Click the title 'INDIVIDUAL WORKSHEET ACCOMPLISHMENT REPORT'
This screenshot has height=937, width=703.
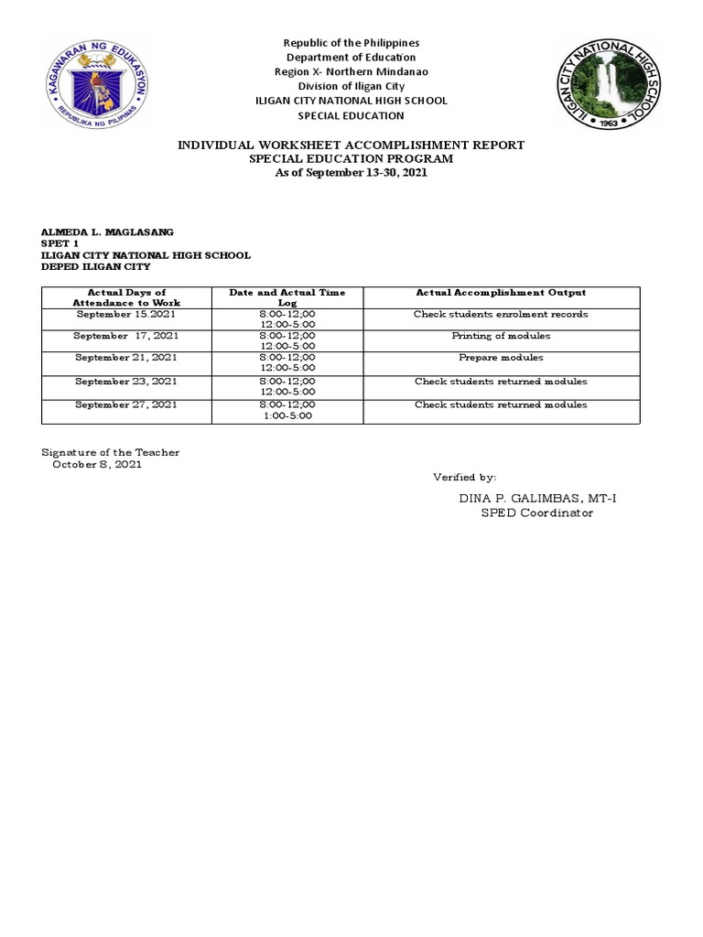[x=351, y=145]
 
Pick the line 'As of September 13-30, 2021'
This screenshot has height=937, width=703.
[x=351, y=172]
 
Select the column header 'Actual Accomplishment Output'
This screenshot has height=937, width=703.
[x=501, y=293]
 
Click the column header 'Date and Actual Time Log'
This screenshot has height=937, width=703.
[x=287, y=297]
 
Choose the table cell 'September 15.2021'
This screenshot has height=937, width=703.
[x=126, y=314]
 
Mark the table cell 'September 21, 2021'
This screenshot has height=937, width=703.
[x=126, y=358]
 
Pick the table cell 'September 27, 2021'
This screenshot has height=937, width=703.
[x=126, y=404]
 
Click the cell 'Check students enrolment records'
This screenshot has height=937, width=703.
[x=501, y=314]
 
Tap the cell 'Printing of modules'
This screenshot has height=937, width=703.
[x=501, y=336]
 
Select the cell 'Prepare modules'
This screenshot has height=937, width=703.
[x=501, y=358]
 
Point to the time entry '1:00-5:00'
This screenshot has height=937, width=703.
[x=287, y=415]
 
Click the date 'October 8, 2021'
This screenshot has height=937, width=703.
[x=97, y=464]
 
